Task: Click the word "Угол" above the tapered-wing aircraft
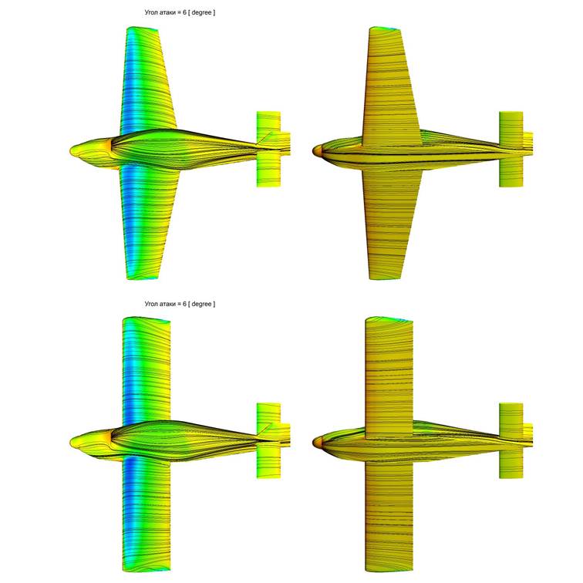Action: [x=151, y=12]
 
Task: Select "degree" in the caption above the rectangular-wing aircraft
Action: [x=201, y=304]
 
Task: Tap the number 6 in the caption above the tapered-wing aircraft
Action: [x=184, y=12]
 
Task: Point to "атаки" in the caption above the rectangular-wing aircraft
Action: [x=167, y=304]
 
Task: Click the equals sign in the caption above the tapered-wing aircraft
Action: [x=179, y=12]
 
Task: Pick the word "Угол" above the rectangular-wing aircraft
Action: [x=151, y=304]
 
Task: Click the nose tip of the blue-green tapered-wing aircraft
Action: [x=71, y=151]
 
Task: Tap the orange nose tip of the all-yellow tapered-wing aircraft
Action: [x=315, y=150]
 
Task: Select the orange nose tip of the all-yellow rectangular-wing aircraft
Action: [x=315, y=442]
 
